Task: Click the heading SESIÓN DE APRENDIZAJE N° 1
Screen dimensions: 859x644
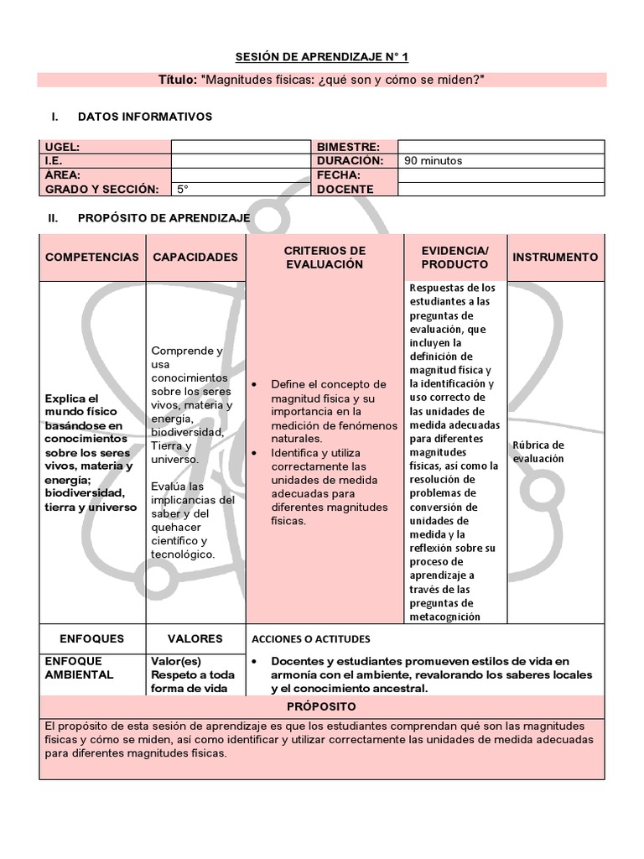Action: [322, 57]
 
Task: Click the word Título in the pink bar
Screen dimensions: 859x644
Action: [177, 80]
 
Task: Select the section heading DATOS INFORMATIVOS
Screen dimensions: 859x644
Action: [144, 117]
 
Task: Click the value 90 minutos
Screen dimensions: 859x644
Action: [433, 161]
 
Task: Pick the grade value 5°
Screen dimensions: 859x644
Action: [183, 190]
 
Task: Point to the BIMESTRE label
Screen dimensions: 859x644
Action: [348, 147]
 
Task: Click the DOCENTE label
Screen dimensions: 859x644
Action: [345, 190]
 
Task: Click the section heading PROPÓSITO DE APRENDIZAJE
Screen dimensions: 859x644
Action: [164, 218]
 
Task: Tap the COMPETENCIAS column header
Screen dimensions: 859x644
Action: [92, 258]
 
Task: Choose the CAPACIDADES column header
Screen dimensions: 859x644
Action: [195, 258]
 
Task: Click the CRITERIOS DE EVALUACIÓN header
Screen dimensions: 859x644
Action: [325, 258]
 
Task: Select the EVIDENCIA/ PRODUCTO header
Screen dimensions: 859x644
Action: [454, 258]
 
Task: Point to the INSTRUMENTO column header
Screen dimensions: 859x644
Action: [555, 258]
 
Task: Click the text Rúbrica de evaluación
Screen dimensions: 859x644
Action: [538, 451]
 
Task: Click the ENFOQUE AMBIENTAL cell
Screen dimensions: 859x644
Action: [79, 668]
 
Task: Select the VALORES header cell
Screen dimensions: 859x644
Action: [195, 638]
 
